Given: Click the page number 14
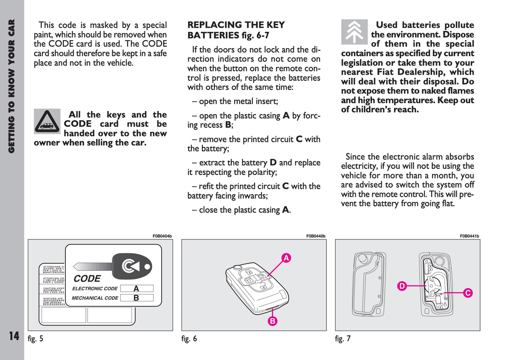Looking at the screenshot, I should click(x=14, y=336).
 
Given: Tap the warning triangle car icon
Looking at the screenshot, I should click(x=47, y=121).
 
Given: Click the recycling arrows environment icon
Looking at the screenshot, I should click(x=354, y=32).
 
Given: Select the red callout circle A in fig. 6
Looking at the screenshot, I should click(x=286, y=258).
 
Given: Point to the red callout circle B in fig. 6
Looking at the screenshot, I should click(x=272, y=321).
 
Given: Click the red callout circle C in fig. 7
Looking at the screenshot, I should click(x=468, y=293).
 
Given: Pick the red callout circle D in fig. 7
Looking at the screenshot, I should click(x=402, y=286).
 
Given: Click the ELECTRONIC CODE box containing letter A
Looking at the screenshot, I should click(x=137, y=288).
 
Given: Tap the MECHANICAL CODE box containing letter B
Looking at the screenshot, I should click(x=137, y=298).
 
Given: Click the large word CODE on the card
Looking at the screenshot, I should click(x=87, y=279).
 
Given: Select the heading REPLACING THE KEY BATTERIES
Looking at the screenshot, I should click(x=236, y=30).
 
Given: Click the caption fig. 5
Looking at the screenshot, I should click(x=36, y=339).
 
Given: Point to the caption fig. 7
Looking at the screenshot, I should click(x=343, y=339).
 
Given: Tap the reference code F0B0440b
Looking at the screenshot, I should click(x=316, y=236).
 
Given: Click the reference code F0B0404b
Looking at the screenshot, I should click(x=162, y=236).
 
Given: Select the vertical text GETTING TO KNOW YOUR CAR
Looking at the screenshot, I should click(x=12, y=86).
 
